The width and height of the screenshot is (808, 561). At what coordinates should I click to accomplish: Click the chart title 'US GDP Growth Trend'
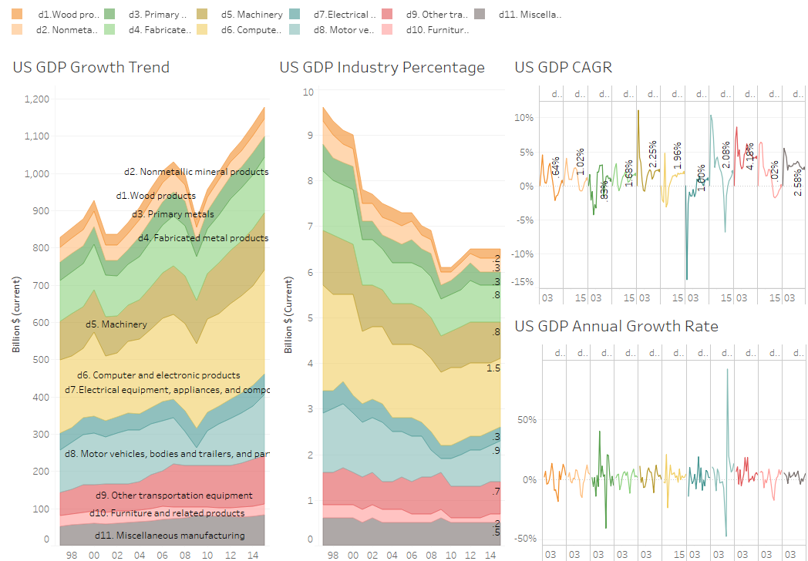pyautogui.click(x=91, y=67)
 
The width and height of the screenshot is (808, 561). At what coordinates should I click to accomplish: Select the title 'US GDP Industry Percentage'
pyautogui.click(x=382, y=67)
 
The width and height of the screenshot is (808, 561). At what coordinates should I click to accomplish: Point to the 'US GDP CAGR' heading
pyautogui.click(x=563, y=67)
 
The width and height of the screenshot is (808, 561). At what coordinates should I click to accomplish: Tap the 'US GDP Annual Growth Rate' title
pyautogui.click(x=616, y=327)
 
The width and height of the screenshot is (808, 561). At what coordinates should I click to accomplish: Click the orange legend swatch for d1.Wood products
pyautogui.click(x=17, y=14)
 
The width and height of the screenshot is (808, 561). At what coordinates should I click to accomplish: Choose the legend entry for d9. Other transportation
pyautogui.click(x=445, y=14)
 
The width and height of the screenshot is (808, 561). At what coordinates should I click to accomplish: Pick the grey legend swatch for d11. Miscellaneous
pyautogui.click(x=479, y=14)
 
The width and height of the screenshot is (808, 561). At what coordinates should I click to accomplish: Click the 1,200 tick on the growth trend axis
pyautogui.click(x=36, y=99)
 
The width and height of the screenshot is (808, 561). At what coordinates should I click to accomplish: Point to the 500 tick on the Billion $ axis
pyautogui.click(x=41, y=360)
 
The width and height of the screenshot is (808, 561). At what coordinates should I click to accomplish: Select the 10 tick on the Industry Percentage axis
pyautogui.click(x=308, y=91)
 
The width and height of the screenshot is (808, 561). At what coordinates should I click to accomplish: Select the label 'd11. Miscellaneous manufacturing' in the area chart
pyautogui.click(x=170, y=536)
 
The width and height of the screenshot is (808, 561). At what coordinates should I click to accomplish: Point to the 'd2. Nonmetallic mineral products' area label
pyautogui.click(x=196, y=171)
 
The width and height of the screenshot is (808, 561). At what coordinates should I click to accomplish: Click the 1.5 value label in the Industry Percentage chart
pyautogui.click(x=493, y=368)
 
